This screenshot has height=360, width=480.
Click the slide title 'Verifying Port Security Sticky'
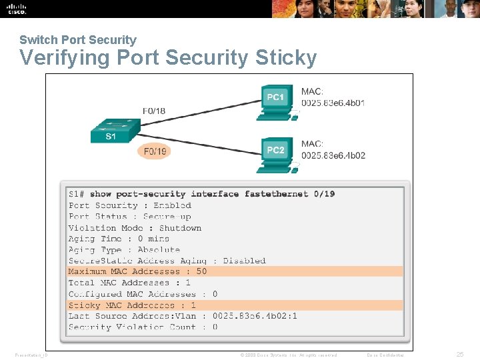pyautogui.click(x=168, y=58)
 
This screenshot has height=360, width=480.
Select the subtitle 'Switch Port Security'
pyautogui.click(x=78, y=40)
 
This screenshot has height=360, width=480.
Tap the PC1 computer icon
pyautogui.click(x=275, y=102)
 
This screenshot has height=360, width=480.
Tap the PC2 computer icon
pyautogui.click(x=275, y=155)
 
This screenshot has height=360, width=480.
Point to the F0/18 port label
pyautogui.click(x=153, y=111)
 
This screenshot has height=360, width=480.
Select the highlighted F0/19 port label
pyautogui.click(x=154, y=151)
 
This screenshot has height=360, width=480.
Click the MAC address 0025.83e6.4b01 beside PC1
pyautogui.click(x=333, y=103)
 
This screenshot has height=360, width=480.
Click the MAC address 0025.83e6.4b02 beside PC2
pyautogui.click(x=333, y=155)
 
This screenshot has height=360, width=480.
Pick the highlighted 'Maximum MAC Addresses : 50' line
pyautogui.click(x=137, y=271)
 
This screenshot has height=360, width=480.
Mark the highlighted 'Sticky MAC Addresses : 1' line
pyautogui.click(x=132, y=305)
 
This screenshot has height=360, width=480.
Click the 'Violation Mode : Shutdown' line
pyautogui.click(x=135, y=227)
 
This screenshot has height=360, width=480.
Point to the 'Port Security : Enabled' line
pyautogui.click(x=130, y=205)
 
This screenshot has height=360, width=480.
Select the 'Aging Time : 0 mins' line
pyautogui.click(x=119, y=239)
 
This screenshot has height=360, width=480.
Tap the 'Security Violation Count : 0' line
pyautogui.click(x=143, y=327)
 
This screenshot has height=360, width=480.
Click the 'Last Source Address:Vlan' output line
pyautogui.click(x=183, y=316)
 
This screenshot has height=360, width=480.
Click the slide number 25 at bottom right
pyautogui.click(x=459, y=355)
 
